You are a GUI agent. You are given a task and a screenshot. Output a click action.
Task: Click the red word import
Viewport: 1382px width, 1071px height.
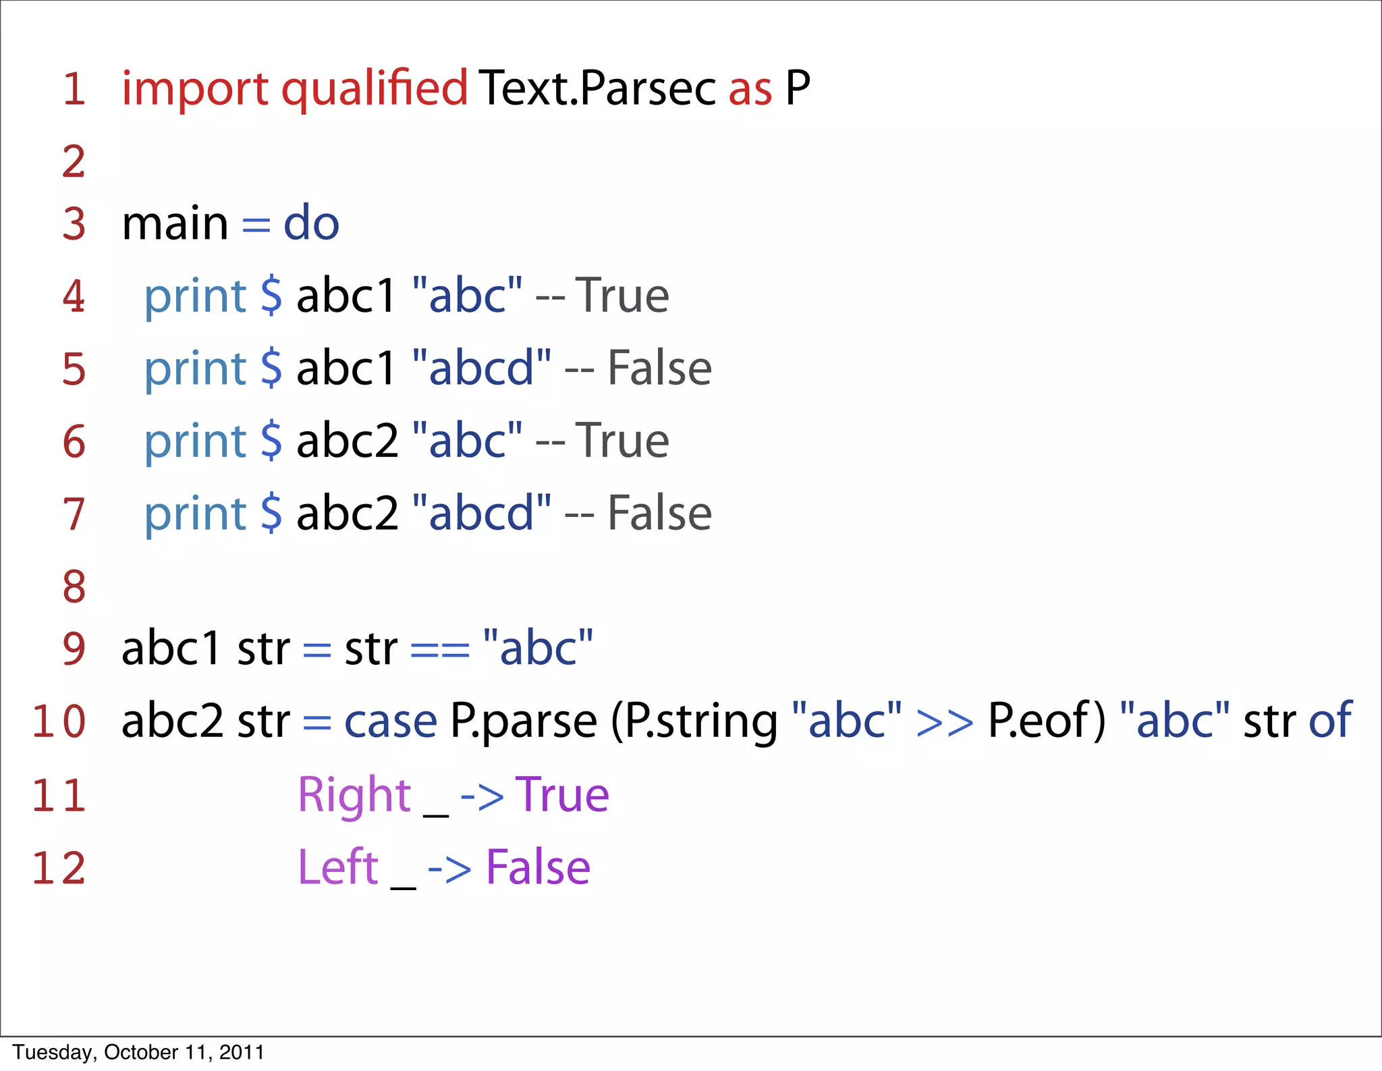click(195, 89)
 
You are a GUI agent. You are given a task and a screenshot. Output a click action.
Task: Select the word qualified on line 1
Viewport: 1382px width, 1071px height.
click(374, 89)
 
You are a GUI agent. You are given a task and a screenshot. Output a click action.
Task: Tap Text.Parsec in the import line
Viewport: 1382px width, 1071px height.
click(597, 89)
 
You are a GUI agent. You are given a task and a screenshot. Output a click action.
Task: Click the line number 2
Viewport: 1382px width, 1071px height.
click(74, 162)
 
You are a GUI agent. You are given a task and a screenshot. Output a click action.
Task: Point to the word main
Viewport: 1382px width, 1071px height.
click(175, 224)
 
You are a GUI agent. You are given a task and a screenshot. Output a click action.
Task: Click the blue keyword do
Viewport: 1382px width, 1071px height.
click(311, 224)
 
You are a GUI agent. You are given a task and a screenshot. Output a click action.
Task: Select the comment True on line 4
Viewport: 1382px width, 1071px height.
click(621, 296)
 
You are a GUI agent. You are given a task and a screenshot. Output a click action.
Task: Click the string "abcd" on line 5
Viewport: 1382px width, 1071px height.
click(481, 369)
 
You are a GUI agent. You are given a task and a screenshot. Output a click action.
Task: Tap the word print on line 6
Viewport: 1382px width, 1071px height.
click(195, 442)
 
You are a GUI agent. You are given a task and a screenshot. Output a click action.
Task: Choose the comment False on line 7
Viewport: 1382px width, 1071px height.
click(659, 514)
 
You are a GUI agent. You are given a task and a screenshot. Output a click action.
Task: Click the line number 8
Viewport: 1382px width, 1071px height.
click(74, 586)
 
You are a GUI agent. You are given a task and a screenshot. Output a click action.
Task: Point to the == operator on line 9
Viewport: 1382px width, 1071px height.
click(439, 649)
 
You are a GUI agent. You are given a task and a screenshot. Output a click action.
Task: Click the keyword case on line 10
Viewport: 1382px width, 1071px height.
click(391, 721)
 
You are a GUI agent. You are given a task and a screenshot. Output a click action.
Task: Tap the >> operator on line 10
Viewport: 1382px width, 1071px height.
click(945, 721)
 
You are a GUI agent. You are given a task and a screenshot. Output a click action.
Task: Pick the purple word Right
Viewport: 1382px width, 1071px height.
click(354, 795)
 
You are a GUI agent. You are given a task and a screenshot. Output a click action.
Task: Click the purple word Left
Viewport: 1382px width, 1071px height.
click(337, 867)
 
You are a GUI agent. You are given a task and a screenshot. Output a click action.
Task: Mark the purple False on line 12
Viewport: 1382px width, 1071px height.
click(538, 867)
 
